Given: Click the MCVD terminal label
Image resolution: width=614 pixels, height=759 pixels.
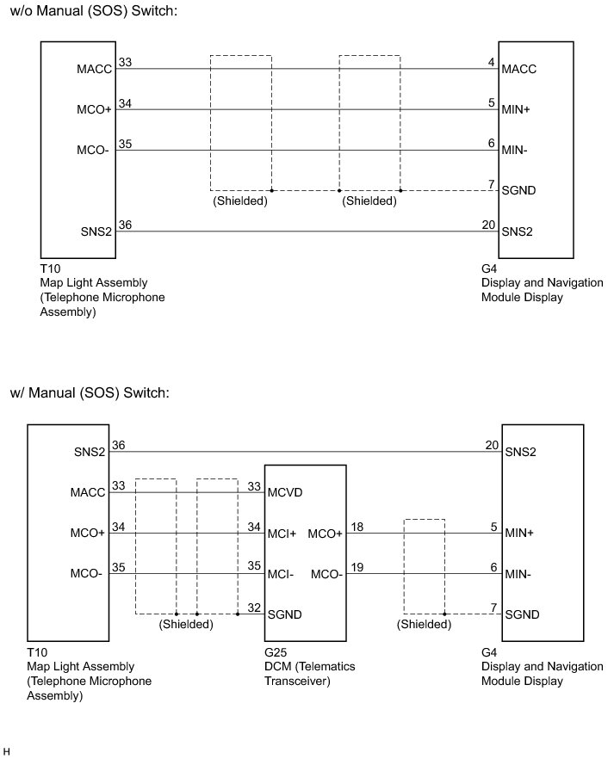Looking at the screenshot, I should (285, 493).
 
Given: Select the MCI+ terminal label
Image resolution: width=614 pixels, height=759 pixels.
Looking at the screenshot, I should (282, 534).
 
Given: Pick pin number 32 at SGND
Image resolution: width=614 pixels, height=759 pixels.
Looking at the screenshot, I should (254, 607).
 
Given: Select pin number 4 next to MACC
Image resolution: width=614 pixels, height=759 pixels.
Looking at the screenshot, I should (491, 61).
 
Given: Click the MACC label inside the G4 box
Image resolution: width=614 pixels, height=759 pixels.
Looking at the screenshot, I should (519, 69).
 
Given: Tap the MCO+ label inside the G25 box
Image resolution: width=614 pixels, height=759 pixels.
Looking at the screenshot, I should (325, 534).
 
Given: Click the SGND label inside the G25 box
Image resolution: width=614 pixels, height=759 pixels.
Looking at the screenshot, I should (285, 614).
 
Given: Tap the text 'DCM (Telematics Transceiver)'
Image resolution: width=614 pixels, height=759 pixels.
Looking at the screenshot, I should (309, 674).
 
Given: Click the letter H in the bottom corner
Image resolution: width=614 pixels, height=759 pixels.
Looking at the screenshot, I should (6, 751).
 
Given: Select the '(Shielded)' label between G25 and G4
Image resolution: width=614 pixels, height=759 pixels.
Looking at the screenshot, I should (424, 625).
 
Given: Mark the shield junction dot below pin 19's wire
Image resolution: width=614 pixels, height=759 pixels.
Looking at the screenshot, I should (444, 614).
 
